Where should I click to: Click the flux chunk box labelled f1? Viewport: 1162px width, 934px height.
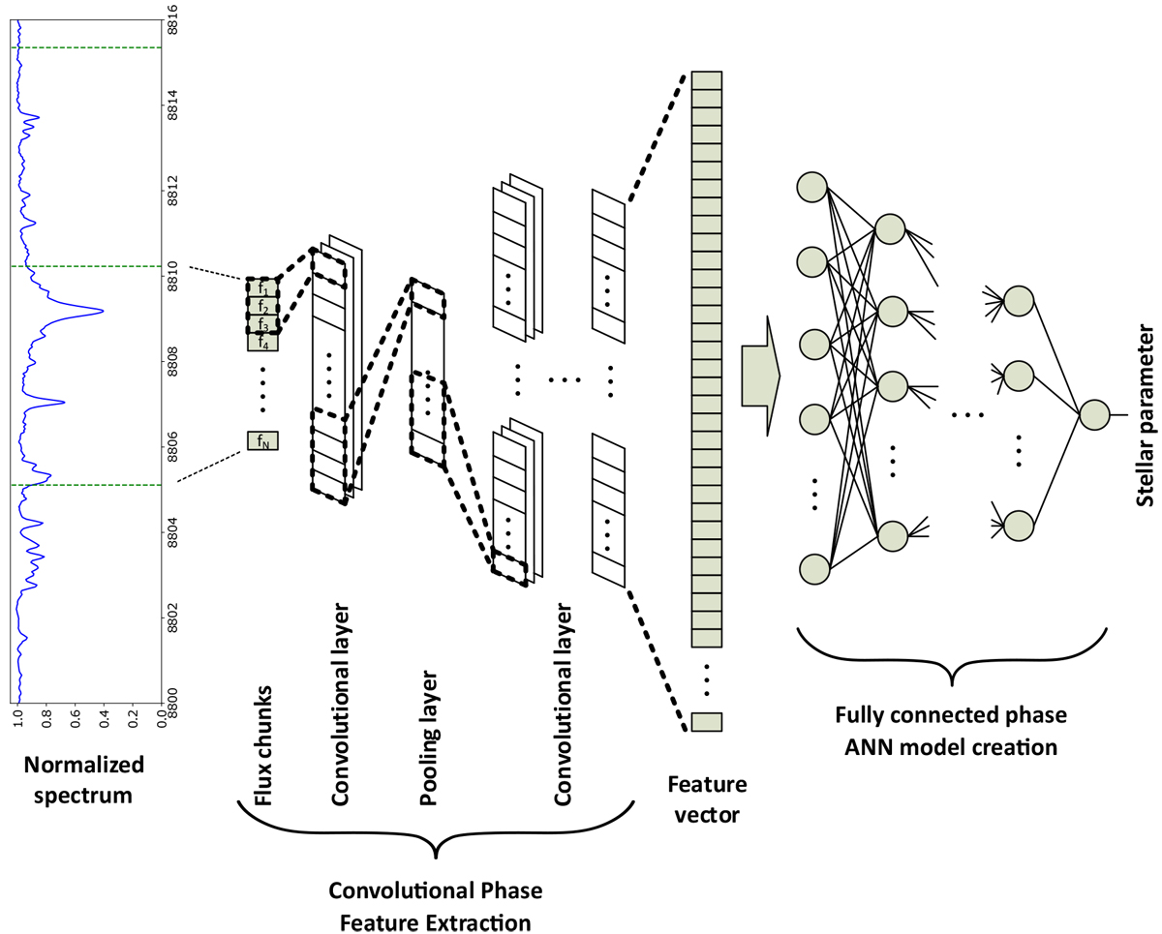point(262,287)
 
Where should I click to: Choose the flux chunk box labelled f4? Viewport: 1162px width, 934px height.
point(262,341)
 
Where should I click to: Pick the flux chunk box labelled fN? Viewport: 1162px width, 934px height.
point(262,441)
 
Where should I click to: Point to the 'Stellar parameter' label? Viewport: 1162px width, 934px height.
point(1143,415)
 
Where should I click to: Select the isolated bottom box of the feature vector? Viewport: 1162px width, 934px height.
point(707,721)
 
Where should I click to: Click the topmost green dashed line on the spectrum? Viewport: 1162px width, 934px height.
point(85,47)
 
